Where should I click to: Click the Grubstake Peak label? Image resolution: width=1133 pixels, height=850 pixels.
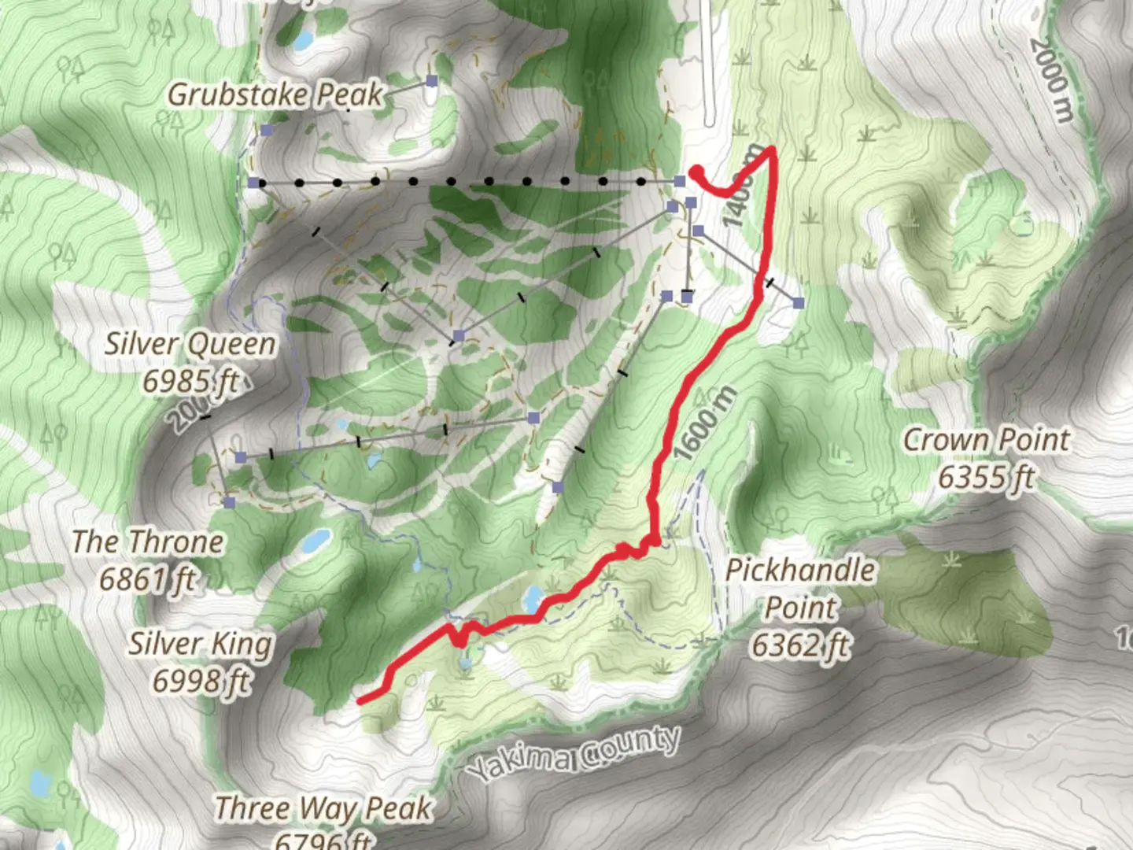275,95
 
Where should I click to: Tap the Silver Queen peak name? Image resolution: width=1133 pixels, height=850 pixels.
190,344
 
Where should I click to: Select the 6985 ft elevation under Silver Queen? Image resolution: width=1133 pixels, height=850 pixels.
190,381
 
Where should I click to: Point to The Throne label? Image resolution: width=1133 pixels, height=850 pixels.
147,542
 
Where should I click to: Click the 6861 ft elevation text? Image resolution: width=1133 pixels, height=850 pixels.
147,580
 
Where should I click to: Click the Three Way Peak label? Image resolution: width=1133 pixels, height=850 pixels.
323,808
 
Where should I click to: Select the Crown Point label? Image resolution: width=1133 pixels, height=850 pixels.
986,440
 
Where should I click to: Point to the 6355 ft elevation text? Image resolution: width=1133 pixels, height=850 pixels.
986,477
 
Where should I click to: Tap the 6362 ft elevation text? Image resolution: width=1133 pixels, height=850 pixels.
800,645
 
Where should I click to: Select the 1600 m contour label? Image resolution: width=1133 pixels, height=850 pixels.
705,423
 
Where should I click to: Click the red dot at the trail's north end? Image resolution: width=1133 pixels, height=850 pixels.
696,173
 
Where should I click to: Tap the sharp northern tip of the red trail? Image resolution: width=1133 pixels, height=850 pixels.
773,149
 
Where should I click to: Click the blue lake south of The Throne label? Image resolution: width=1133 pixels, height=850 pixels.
317,541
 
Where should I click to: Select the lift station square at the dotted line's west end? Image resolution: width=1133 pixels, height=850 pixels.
253,183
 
